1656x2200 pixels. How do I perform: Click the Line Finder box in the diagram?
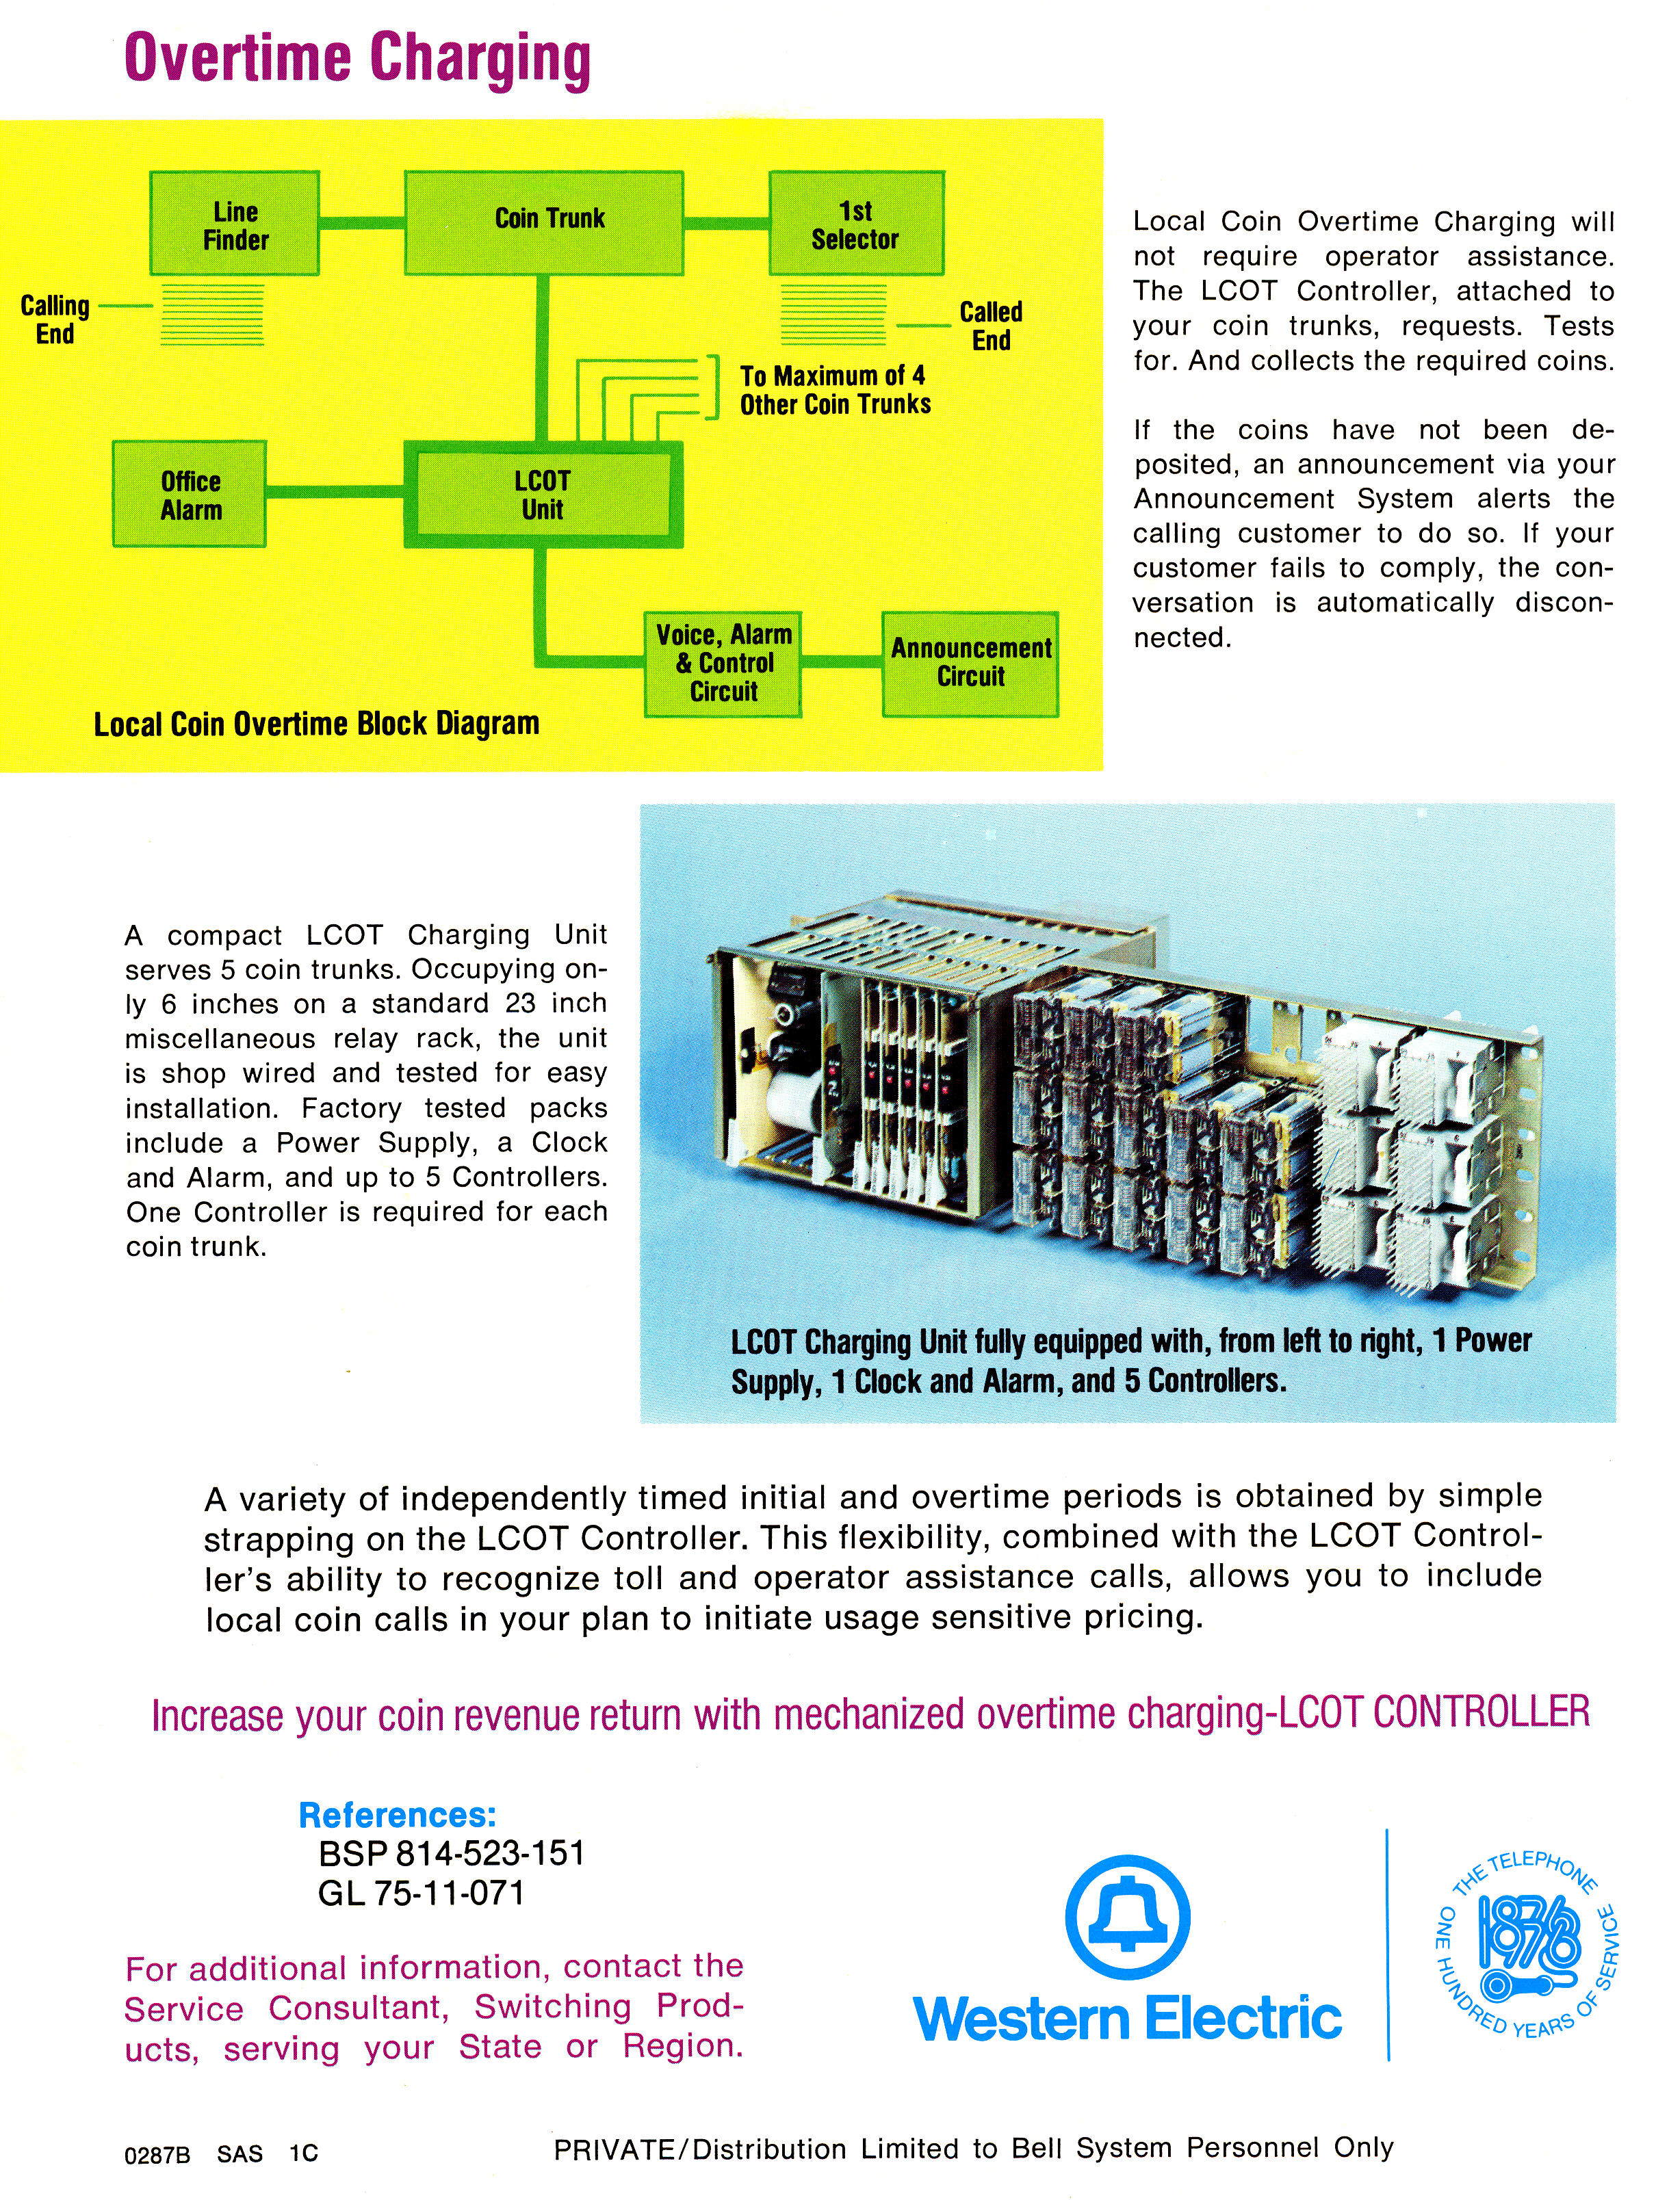click(235, 224)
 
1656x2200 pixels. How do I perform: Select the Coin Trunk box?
click(544, 224)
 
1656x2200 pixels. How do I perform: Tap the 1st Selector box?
click(856, 224)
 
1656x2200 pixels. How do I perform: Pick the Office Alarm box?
click(189, 495)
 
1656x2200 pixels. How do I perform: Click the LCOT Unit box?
click(543, 495)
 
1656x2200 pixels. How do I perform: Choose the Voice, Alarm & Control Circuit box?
click(723, 664)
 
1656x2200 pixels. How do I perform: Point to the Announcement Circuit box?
click(971, 664)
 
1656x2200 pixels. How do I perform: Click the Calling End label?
click(55, 319)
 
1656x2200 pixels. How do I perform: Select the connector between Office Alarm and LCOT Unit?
click(335, 491)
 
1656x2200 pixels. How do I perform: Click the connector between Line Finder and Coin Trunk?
click(362, 222)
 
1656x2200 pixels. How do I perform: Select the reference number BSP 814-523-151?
click(452, 1853)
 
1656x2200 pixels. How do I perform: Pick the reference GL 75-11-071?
click(421, 1893)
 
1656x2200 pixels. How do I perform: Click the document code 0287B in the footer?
click(156, 2154)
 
